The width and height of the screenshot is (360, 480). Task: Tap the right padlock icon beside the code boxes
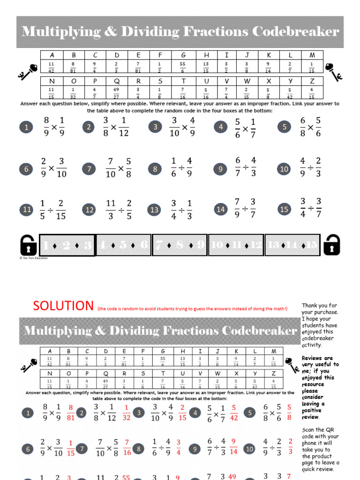[331, 245]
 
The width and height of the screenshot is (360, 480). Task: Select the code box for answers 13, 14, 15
[292, 245]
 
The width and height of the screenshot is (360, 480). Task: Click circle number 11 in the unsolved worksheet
[27, 210]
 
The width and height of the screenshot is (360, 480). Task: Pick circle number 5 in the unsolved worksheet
[284, 127]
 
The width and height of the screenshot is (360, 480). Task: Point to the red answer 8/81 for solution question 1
[71, 412]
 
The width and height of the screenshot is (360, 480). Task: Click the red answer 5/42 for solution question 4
[233, 412]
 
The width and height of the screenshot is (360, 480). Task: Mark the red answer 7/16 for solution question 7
[127, 449]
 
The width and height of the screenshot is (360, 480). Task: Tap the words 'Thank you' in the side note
[313, 305]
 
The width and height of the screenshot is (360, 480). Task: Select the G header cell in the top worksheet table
[183, 55]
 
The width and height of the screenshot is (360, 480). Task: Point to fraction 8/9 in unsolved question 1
[46, 127]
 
